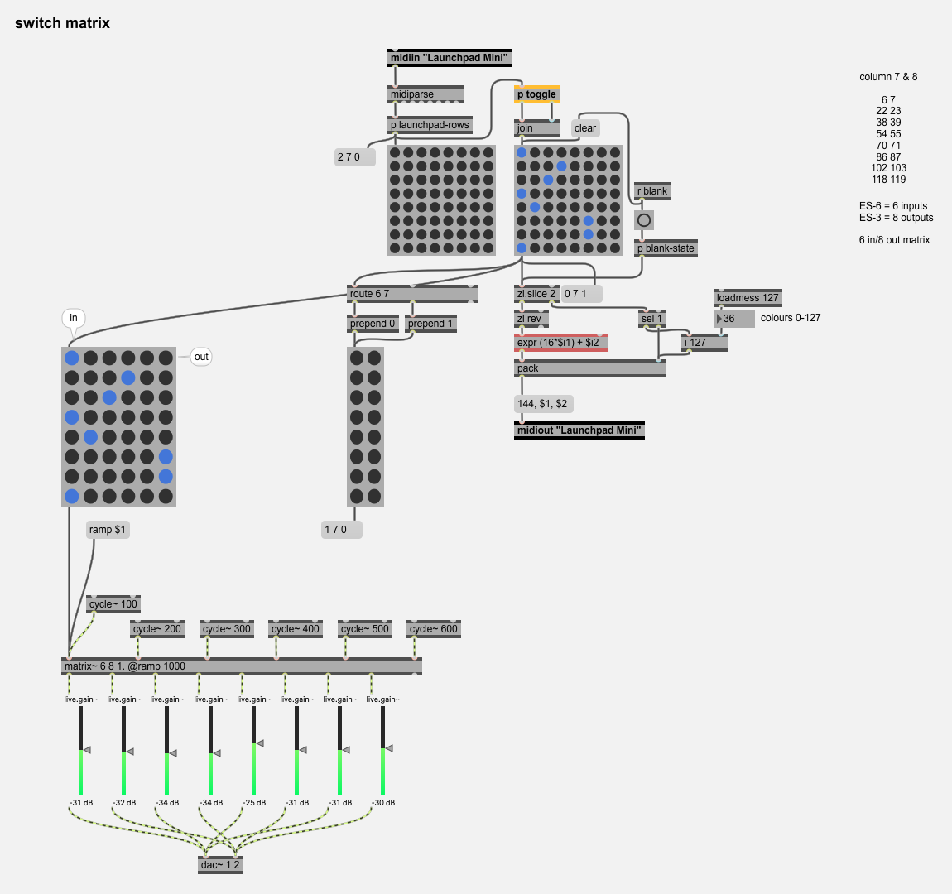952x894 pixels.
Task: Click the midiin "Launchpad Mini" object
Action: (x=450, y=58)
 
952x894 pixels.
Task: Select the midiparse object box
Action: (x=426, y=94)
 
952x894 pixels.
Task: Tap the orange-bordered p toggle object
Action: (x=536, y=94)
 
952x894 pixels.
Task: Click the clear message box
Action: (x=585, y=128)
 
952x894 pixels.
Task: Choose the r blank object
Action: (x=651, y=191)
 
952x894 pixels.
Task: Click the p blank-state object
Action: (x=666, y=248)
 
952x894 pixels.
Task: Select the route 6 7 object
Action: (x=412, y=294)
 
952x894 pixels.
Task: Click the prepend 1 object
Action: (x=430, y=324)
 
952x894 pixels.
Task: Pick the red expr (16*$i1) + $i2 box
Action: (x=560, y=343)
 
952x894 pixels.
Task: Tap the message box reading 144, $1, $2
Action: (x=543, y=404)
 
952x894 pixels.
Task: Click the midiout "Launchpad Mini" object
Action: (x=579, y=430)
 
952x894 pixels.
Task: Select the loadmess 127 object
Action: (x=748, y=298)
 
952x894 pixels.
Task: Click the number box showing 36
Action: (x=734, y=319)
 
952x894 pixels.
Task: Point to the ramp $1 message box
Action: (x=108, y=530)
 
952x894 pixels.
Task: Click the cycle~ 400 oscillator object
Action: (x=296, y=629)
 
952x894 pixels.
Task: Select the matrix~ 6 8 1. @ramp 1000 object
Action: (x=242, y=666)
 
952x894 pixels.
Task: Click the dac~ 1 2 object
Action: (x=220, y=865)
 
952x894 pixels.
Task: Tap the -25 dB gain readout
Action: (x=254, y=803)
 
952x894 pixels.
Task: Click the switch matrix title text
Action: (x=62, y=23)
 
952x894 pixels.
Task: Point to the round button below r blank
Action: (x=643, y=220)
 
